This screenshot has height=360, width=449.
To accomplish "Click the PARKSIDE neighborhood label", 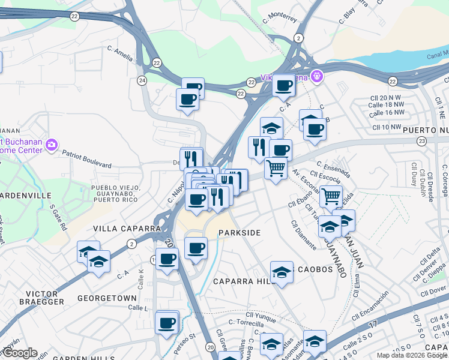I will (240, 233).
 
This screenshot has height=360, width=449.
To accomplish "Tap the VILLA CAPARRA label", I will (127, 229).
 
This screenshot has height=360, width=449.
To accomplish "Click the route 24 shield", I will (142, 80).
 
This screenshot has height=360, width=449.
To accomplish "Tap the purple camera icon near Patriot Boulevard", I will (51, 144).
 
